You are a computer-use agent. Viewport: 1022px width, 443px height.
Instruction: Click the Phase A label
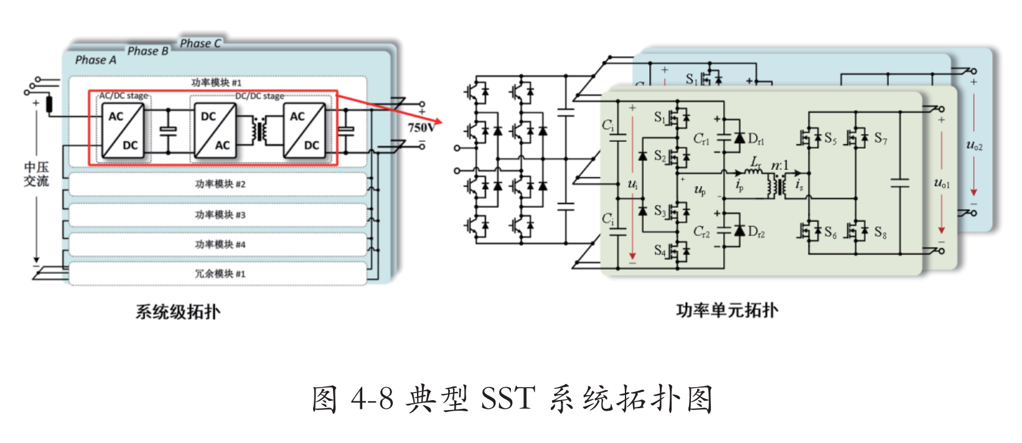pos(95,60)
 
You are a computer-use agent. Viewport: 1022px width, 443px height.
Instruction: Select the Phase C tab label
pos(200,43)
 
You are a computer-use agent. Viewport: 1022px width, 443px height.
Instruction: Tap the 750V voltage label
pos(421,128)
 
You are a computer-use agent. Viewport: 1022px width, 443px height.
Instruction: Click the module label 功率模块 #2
pos(220,184)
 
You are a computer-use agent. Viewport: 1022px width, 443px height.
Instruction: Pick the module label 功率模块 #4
pos(220,245)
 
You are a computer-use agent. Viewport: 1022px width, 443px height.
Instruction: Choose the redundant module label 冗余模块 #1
pos(220,274)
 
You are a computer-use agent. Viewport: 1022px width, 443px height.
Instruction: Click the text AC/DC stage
pos(124,96)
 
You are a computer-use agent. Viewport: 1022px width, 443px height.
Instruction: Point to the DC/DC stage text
pos(260,96)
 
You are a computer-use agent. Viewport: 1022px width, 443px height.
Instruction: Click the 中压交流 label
pos(36,174)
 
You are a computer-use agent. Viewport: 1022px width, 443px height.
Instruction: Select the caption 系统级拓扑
pos(178,311)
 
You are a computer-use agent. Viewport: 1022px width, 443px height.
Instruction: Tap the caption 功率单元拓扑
pos(727,310)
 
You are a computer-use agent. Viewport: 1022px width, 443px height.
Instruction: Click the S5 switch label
pos(830,138)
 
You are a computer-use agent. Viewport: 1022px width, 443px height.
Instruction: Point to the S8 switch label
pos(880,233)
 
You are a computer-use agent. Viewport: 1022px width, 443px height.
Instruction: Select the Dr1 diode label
pos(756,139)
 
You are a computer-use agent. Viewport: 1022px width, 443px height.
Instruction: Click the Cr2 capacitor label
pos(701,232)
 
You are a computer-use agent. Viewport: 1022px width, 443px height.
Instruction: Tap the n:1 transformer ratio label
pos(779,165)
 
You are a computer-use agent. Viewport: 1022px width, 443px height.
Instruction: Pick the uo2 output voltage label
pos(974,146)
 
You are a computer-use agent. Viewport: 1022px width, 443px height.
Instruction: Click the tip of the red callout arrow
pos(441,121)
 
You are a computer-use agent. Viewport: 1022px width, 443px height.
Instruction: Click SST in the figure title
pos(508,398)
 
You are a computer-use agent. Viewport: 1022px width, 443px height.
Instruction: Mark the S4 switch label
pos(660,250)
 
